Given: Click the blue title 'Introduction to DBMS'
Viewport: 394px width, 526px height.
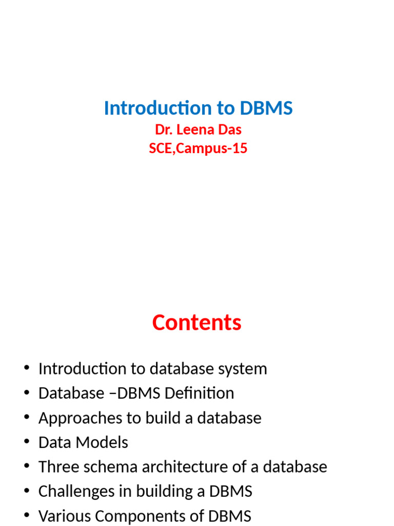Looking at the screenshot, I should (198, 108).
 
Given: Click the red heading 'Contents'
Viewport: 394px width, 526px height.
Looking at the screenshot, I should (196, 323).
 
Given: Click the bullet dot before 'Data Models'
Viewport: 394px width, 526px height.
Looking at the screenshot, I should (26, 443).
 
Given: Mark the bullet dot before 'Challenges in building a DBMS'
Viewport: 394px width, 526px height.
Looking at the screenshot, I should (26, 492).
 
